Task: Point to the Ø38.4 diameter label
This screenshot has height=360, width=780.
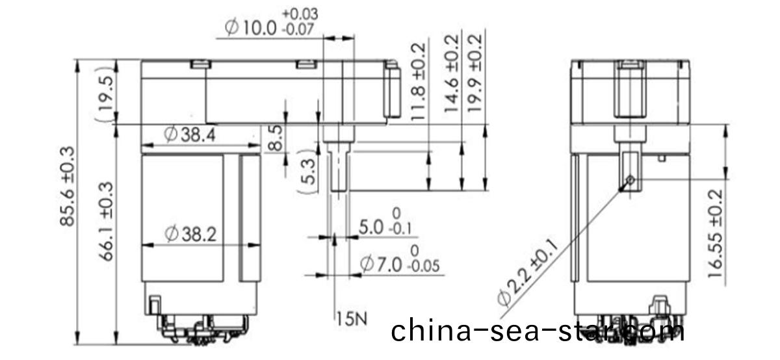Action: point(190,136)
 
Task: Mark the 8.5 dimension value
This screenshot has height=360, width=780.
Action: point(276,138)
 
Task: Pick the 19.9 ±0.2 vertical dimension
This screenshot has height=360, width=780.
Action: point(476,73)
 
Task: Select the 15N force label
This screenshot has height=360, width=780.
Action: point(352,318)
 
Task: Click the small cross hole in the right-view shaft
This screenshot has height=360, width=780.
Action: point(631,180)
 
